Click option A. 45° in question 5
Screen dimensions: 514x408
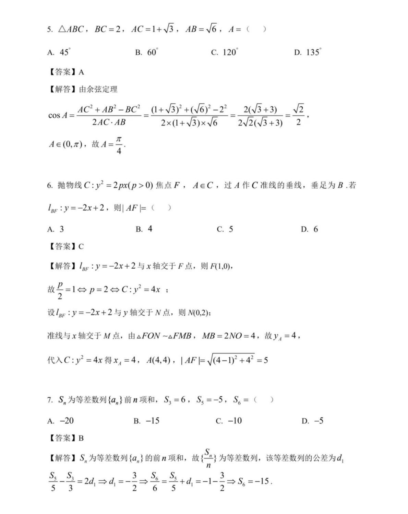point(59,52)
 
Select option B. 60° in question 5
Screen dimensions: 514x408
point(146,52)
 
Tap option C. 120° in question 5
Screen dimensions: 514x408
point(225,52)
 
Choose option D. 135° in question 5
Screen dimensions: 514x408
point(308,52)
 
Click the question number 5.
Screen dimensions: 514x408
point(50,30)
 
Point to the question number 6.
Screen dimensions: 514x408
point(50,186)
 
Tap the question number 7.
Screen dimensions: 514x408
point(50,400)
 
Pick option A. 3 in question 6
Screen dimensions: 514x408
point(56,229)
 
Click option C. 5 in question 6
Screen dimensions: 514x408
point(225,229)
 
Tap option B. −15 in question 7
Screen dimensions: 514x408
point(146,421)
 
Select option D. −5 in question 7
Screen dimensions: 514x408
point(312,421)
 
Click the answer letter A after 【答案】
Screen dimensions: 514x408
point(81,72)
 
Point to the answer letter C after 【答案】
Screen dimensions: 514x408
point(81,247)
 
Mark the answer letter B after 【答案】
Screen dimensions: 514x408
point(81,438)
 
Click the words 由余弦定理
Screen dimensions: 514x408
point(98,90)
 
